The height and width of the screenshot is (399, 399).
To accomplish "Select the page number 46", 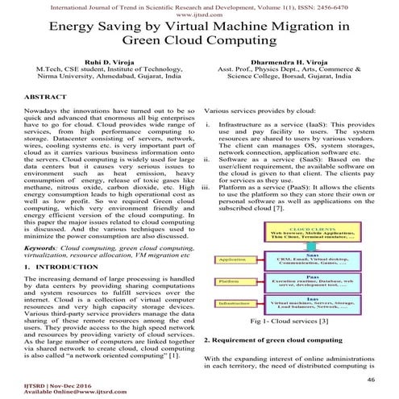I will click(371, 379).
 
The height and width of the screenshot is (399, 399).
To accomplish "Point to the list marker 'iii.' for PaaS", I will click(210, 185).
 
